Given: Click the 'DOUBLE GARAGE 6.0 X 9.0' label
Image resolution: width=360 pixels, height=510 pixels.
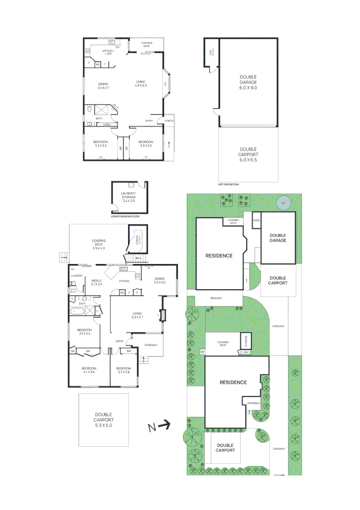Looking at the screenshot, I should click(x=248, y=82).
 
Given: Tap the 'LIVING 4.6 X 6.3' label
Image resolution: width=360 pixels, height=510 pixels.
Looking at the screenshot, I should click(x=141, y=83).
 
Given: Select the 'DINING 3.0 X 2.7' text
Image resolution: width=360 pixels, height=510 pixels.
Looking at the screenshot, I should click(x=103, y=86).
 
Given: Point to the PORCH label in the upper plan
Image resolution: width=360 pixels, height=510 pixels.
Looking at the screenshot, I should click(x=168, y=121).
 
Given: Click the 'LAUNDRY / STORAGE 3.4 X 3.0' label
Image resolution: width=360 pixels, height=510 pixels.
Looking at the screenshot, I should click(x=128, y=197).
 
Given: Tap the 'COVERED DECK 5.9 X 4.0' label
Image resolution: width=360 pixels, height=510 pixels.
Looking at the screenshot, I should click(x=98, y=244).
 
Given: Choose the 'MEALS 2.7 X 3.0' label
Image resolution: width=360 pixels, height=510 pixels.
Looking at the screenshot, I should click(x=96, y=282).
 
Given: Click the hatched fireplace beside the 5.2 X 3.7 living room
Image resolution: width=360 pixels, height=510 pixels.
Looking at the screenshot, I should click(x=163, y=315).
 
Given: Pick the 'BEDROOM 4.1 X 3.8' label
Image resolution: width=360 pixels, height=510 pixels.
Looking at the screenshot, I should click(x=89, y=370).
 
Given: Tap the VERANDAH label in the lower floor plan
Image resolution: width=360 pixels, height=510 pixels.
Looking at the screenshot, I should click(x=150, y=344).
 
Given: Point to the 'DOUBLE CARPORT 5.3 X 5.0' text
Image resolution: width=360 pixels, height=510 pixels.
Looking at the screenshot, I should click(x=103, y=419).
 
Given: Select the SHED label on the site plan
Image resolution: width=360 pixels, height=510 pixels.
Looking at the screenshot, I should click(x=257, y=220).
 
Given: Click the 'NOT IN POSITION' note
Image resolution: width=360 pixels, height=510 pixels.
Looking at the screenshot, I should click(x=229, y=184).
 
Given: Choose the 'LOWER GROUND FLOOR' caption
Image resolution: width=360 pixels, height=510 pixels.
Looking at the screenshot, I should click(x=125, y=216).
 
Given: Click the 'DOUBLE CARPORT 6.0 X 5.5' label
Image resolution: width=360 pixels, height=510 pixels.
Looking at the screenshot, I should click(x=248, y=154).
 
